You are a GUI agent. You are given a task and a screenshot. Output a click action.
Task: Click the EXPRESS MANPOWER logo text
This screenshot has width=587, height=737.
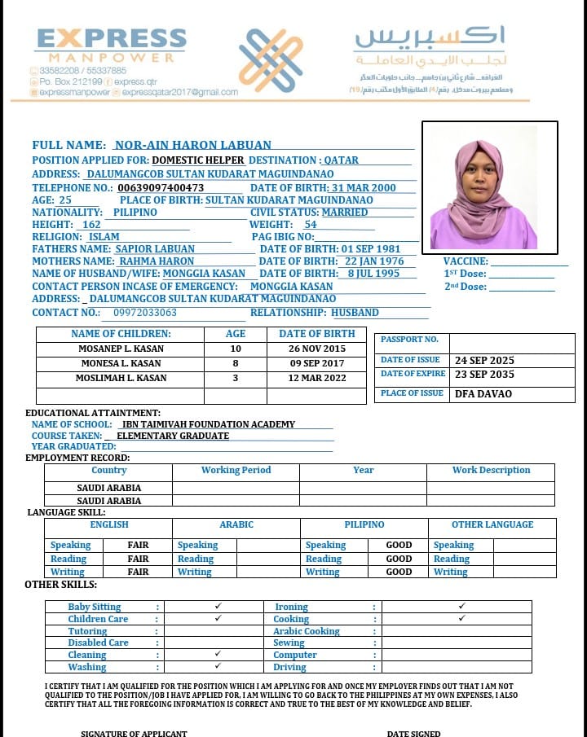111,45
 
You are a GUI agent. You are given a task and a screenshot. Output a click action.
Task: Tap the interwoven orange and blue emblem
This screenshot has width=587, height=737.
271,60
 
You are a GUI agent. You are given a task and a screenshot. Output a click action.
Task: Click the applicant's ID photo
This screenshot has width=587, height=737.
489,186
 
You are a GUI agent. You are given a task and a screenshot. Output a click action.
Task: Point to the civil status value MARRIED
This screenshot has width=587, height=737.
344,212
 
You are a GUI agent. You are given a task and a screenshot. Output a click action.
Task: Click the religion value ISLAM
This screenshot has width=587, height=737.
104,237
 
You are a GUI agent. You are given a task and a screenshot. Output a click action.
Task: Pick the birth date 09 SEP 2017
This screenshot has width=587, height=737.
316,363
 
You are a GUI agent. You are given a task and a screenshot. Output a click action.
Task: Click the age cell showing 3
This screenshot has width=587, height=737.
236,378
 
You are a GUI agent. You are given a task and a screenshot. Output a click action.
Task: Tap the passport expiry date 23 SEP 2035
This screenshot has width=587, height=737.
484,375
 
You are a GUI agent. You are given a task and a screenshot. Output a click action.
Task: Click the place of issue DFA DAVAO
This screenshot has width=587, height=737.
483,394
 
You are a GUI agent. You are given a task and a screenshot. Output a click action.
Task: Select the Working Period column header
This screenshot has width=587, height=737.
236,471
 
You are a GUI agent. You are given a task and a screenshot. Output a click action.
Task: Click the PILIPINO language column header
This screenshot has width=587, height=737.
364,525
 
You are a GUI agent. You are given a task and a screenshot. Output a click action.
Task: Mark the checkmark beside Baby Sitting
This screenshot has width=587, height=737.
218,607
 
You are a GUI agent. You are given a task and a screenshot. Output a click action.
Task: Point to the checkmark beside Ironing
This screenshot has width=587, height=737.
461,607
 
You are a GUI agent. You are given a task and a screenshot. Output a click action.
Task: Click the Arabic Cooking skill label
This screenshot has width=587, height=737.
307,631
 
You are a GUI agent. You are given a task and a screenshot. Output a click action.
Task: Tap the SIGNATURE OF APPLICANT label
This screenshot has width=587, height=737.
134,733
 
